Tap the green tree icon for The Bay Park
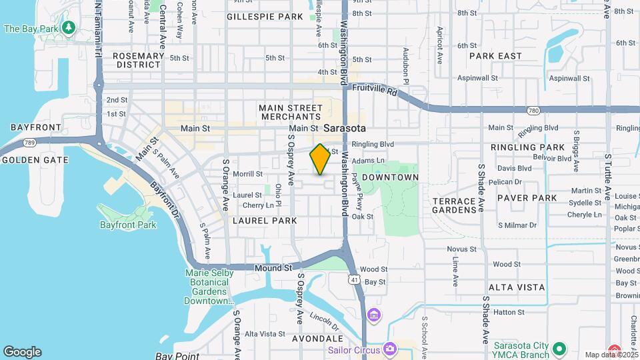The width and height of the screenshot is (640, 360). (x=68, y=28)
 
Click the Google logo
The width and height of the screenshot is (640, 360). (x=22, y=351)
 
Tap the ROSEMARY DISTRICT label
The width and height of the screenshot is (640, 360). (x=138, y=61)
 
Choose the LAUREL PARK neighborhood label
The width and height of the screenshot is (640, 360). (x=265, y=220)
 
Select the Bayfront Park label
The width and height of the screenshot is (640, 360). (x=127, y=225)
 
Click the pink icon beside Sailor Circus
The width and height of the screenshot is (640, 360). (x=390, y=349)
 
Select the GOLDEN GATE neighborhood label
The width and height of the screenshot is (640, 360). (x=35, y=160)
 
